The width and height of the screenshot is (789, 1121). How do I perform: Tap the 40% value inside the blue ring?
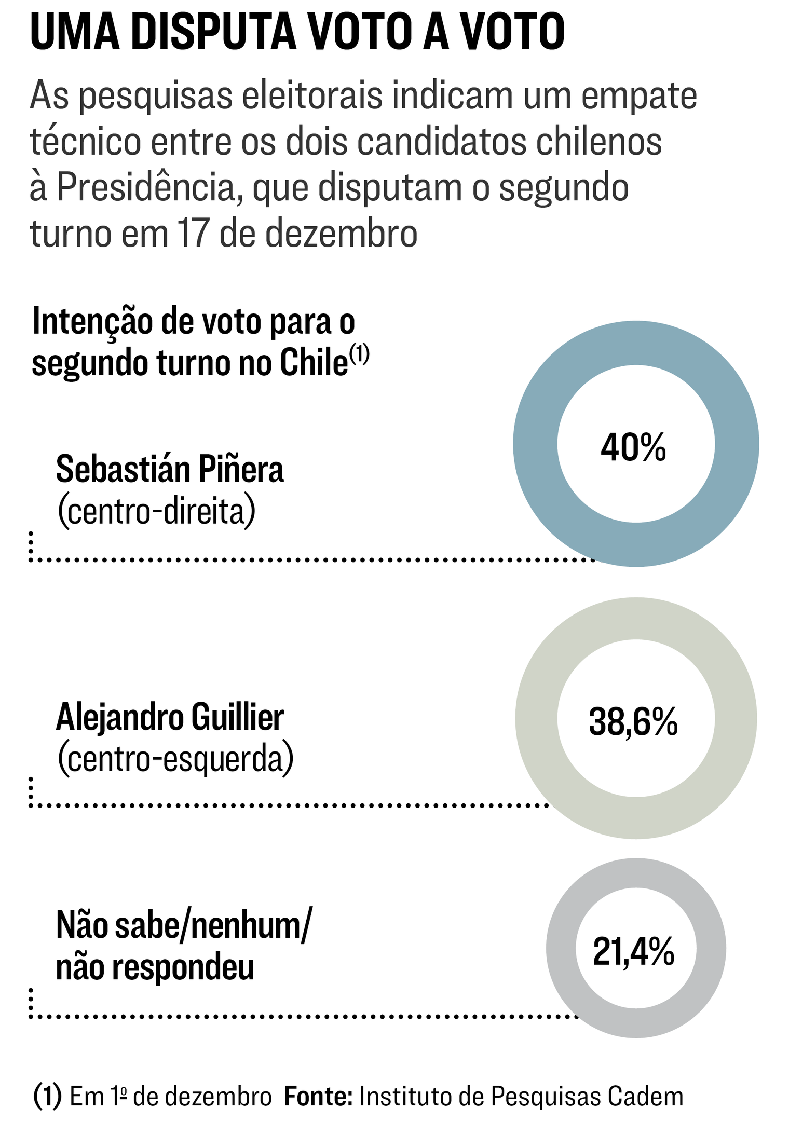point(633,448)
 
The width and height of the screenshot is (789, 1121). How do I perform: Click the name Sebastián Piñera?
point(170,470)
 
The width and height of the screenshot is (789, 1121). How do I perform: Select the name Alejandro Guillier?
point(170,717)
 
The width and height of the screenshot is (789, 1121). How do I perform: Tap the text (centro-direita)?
point(156,512)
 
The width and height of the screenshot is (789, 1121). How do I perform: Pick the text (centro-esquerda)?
point(175,759)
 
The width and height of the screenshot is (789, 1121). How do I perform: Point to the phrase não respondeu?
point(155,967)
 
